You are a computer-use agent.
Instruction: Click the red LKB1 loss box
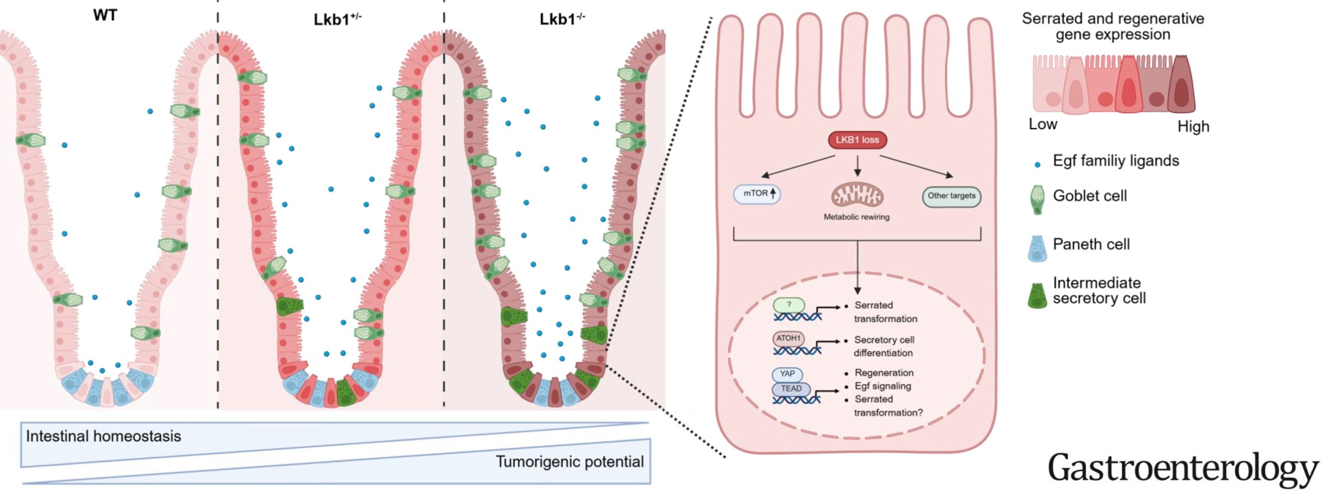[857, 140]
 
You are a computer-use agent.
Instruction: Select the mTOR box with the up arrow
[757, 194]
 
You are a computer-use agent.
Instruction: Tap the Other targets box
[951, 195]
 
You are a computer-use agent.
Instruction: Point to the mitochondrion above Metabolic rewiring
[857, 195]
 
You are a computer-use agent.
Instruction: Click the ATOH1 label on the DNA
[788, 338]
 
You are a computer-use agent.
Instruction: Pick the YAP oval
[787, 374]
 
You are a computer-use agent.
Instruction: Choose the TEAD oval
[791, 389]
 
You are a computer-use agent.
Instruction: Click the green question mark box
[789, 305]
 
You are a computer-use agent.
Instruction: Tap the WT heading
[105, 16]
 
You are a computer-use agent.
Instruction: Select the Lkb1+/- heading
[337, 19]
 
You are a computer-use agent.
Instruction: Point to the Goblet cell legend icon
[1037, 199]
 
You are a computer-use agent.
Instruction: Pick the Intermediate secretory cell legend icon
[1037, 292]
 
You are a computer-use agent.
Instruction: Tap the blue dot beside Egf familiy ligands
[1037, 164]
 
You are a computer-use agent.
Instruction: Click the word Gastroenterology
[1183, 469]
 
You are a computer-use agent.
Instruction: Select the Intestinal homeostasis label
[103, 436]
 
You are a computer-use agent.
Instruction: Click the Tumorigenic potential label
[570, 462]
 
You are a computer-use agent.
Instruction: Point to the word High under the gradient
[1193, 127]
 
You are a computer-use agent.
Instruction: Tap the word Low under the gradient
[1043, 124]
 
